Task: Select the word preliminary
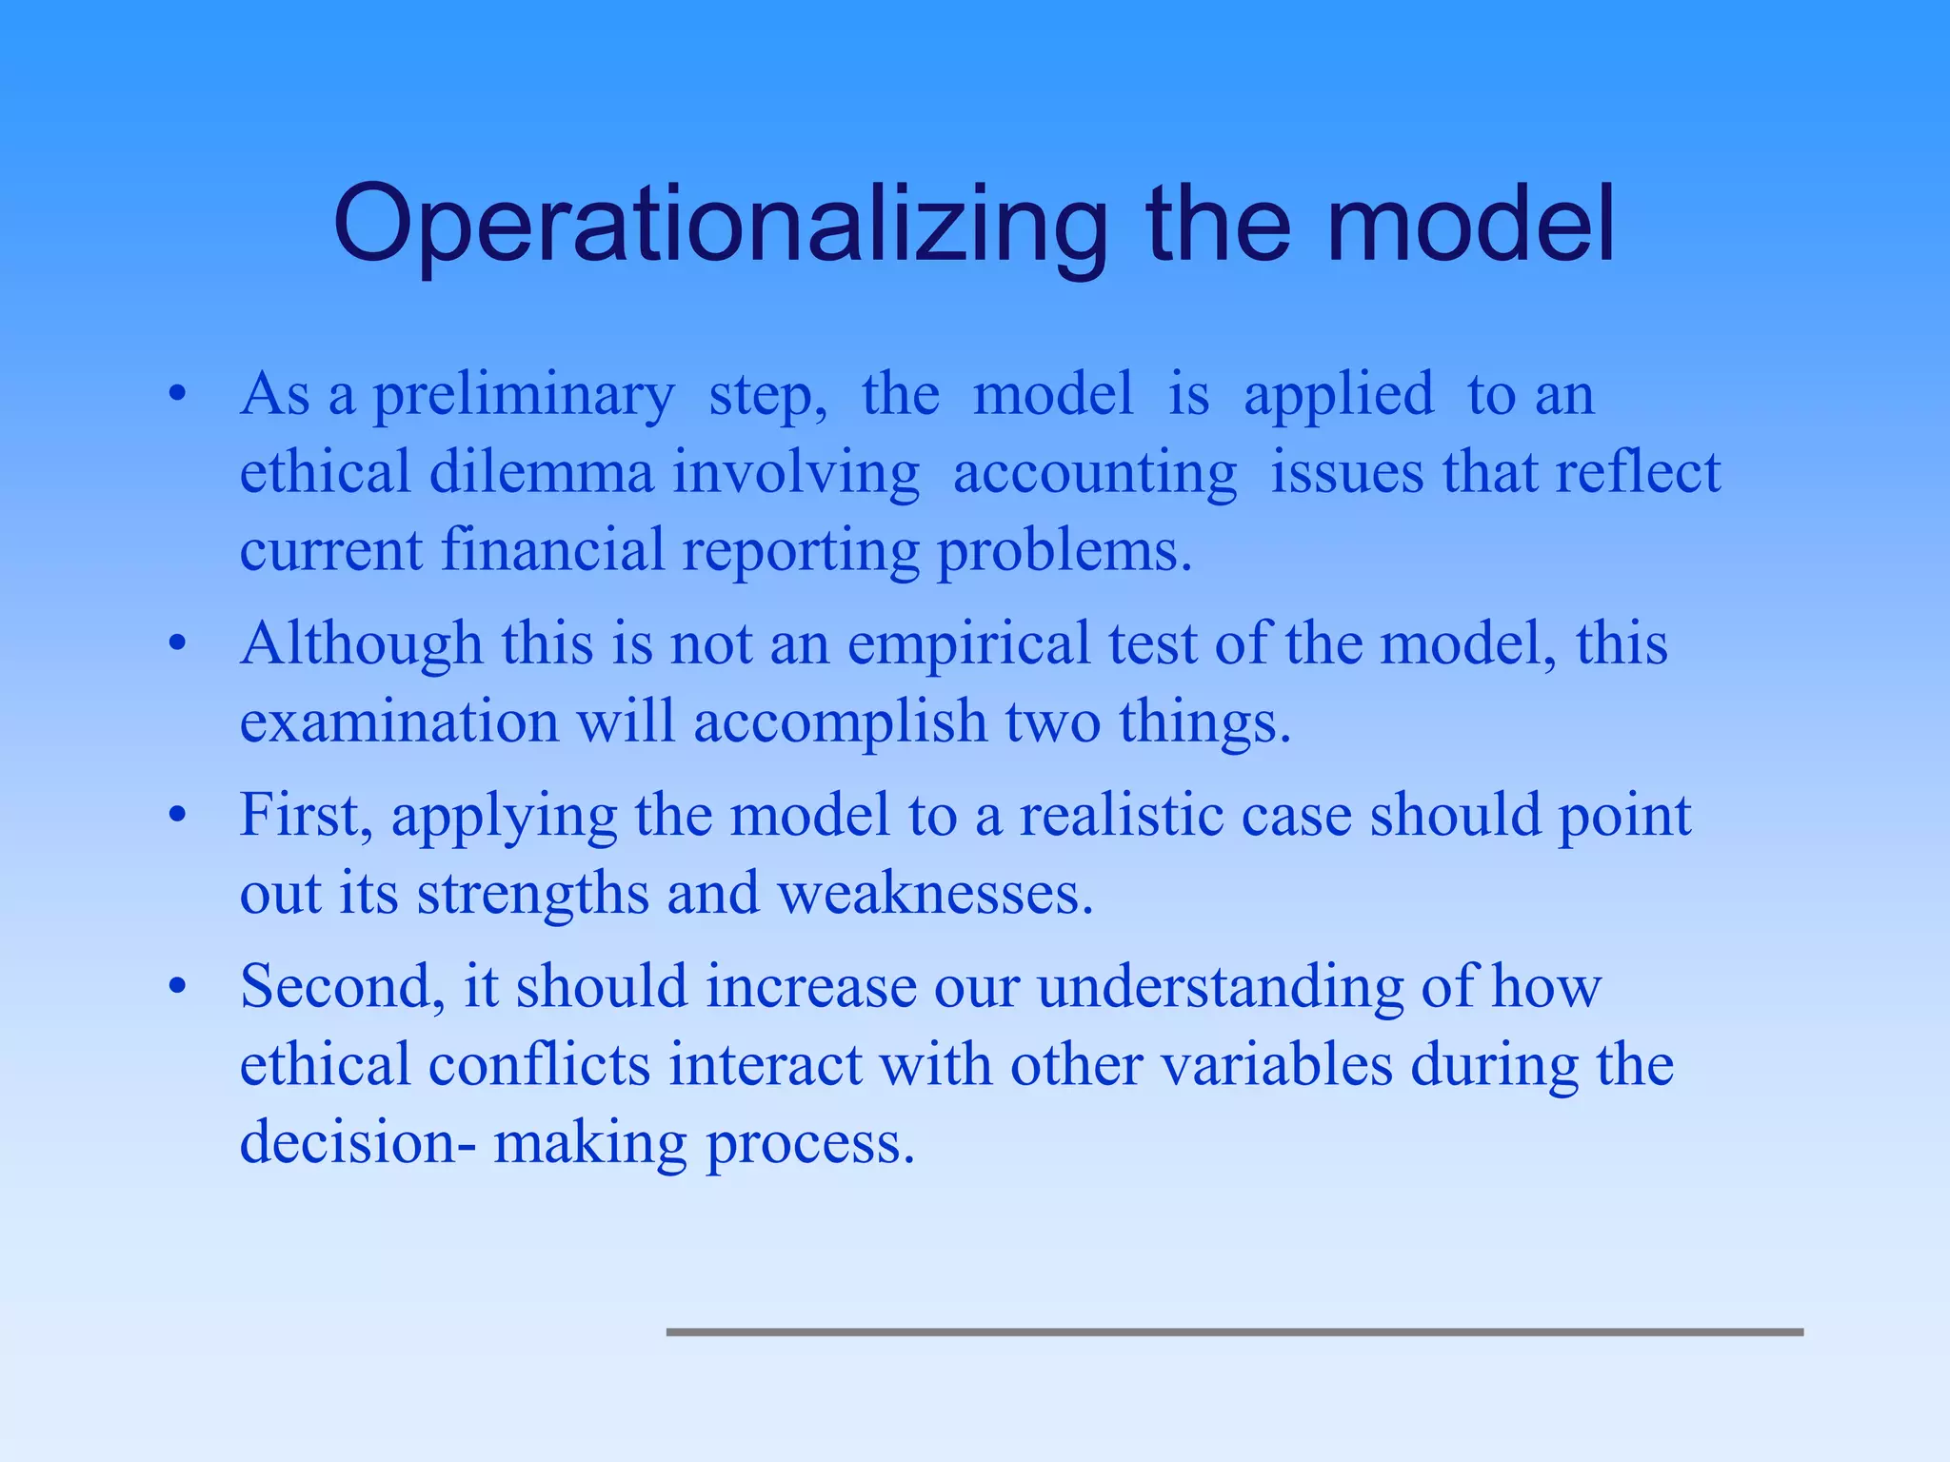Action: pos(523,395)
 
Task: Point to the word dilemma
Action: pos(542,472)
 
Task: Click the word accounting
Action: pos(1095,474)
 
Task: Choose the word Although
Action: pos(362,643)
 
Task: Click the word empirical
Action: pos(968,645)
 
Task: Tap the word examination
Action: pos(399,721)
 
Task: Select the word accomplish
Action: pos(840,722)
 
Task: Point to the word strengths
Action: pos(532,895)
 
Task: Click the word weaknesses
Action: pos(935,894)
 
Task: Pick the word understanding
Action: pos(1220,988)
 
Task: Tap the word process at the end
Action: pos(809,1144)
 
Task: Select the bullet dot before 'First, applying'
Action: pos(176,817)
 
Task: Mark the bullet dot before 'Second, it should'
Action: pos(176,988)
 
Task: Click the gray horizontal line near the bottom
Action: pos(1234,1333)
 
